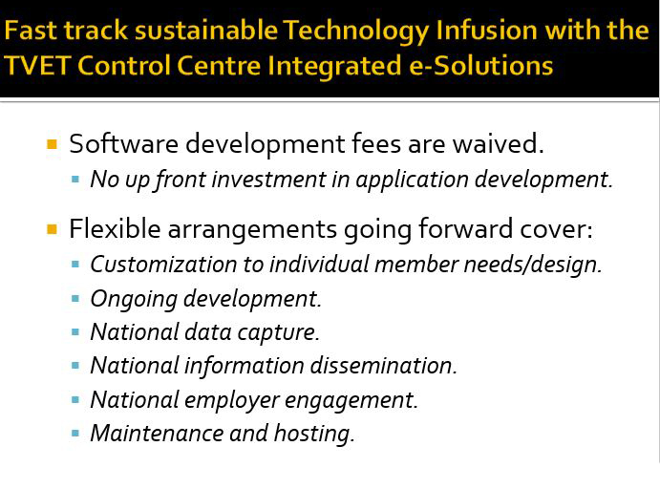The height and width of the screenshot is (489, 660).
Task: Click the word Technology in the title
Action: [355, 32]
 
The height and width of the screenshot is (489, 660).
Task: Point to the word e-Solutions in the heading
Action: [481, 65]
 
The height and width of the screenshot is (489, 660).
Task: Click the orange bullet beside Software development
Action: [53, 144]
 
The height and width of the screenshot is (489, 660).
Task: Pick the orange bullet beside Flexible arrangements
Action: [53, 229]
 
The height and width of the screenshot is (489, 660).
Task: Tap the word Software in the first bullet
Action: [124, 143]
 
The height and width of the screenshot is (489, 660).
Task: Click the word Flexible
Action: [115, 229]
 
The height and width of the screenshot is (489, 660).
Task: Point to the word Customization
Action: [163, 265]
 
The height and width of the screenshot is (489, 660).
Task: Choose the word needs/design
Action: [533, 266]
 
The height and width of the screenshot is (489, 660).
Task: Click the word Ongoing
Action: [134, 300]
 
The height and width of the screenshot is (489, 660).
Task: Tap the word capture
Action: [278, 333]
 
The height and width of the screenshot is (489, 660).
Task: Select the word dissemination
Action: [383, 365]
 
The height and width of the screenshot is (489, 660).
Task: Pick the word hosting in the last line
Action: [314, 434]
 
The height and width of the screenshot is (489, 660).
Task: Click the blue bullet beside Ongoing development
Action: [75, 299]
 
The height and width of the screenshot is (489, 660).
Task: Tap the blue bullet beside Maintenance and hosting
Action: [75, 433]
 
